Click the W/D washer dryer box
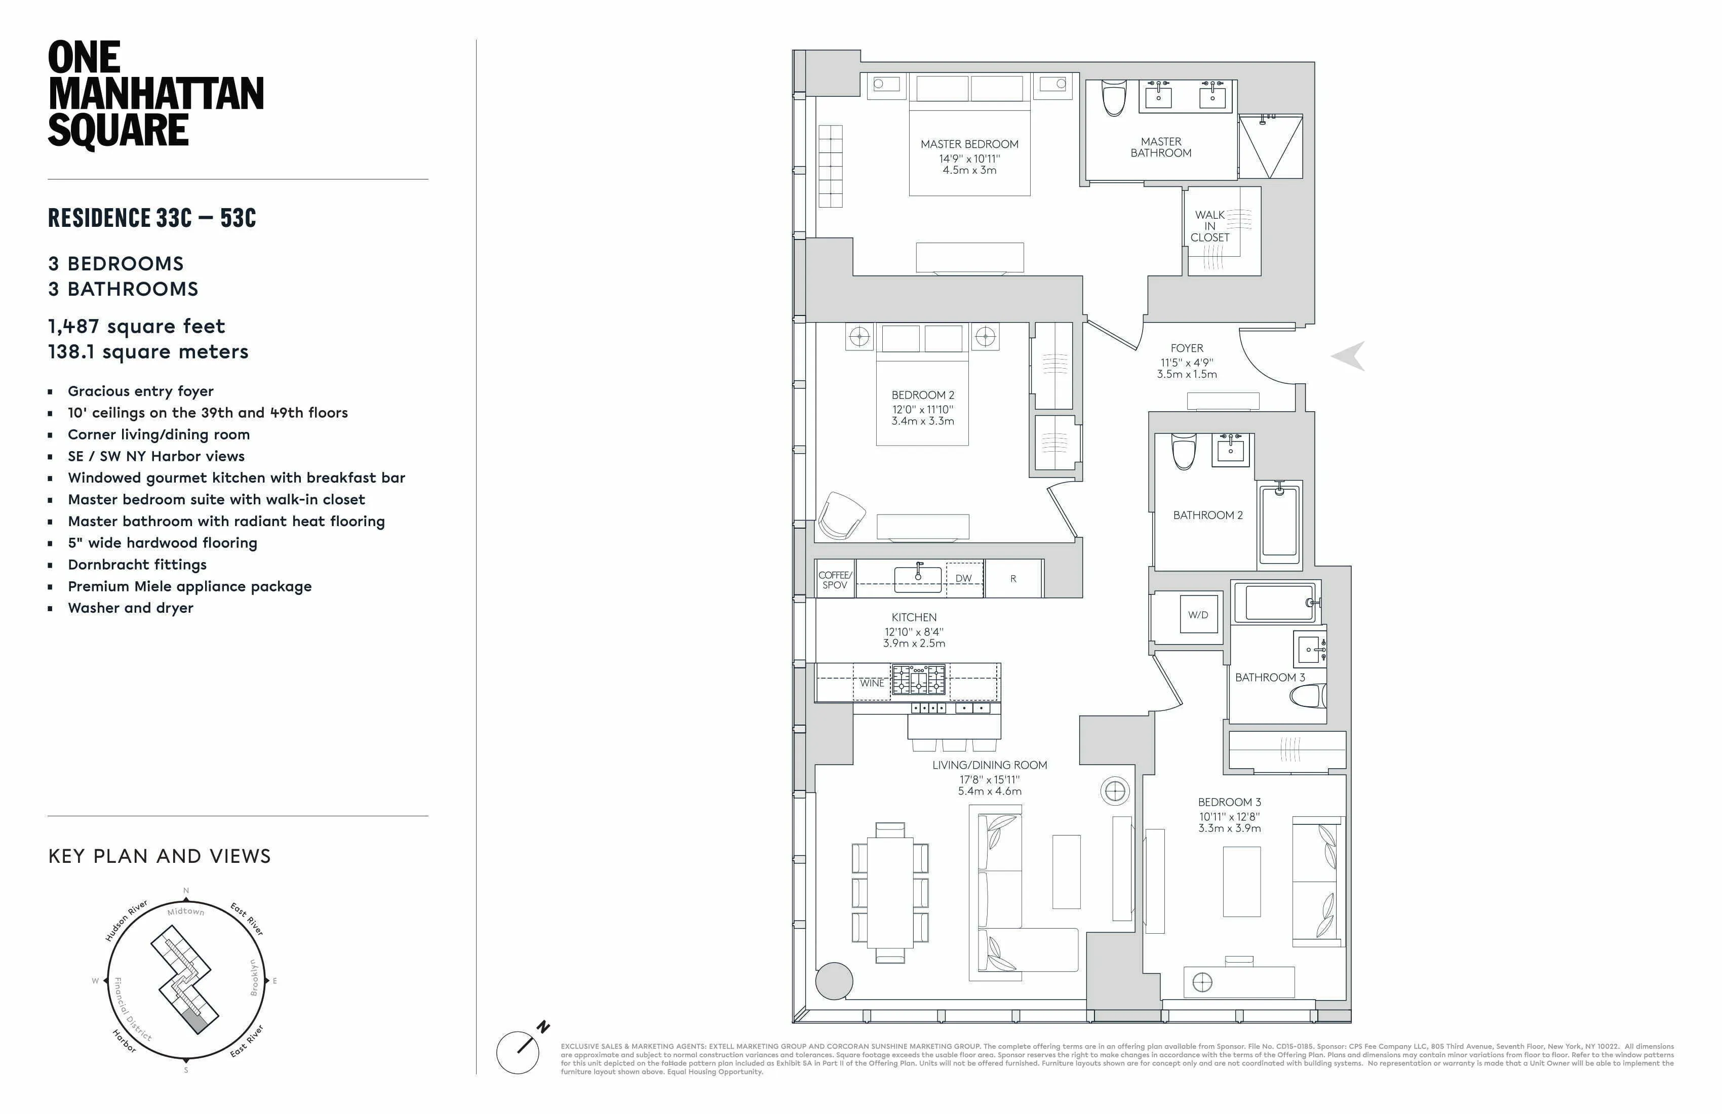point(1198,615)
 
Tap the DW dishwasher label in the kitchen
point(963,578)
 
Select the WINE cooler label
point(871,683)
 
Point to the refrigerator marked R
point(1013,578)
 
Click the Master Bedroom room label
point(969,144)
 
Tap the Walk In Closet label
point(1210,226)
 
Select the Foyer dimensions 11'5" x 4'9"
point(1187,363)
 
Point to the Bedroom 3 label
point(1229,802)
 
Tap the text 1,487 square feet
point(136,326)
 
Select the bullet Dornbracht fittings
point(137,564)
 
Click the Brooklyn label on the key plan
point(253,977)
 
